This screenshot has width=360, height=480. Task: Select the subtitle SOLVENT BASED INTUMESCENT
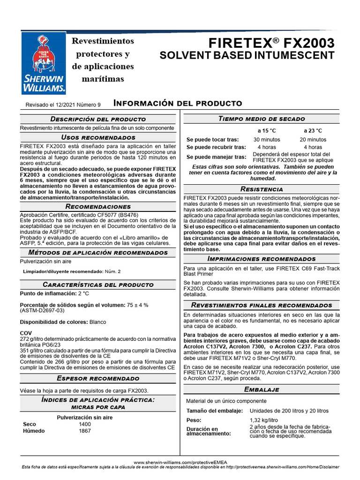pyautogui.click(x=247, y=56)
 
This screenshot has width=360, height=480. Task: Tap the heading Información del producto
pyautogui.click(x=178, y=103)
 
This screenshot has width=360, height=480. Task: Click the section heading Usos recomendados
pyautogui.click(x=98, y=137)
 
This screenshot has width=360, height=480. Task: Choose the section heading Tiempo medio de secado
pyautogui.click(x=261, y=119)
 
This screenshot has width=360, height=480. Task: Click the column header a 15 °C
pyautogui.click(x=267, y=130)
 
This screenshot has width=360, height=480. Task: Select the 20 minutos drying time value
pyautogui.click(x=313, y=140)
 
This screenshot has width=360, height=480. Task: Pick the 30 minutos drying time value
pyautogui.click(x=267, y=140)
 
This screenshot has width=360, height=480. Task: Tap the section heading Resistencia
pyautogui.click(x=261, y=189)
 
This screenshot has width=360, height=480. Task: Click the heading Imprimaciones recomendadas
pyautogui.click(x=261, y=259)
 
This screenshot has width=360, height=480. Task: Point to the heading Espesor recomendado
pyautogui.click(x=98, y=378)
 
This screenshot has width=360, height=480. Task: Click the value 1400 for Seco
pyautogui.click(x=85, y=424)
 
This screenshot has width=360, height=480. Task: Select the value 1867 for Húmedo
pyautogui.click(x=85, y=431)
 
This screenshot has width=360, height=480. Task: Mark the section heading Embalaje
pyautogui.click(x=261, y=390)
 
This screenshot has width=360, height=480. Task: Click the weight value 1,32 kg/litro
pyautogui.click(x=264, y=420)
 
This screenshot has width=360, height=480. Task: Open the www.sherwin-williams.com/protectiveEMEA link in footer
pyautogui.click(x=180, y=462)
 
